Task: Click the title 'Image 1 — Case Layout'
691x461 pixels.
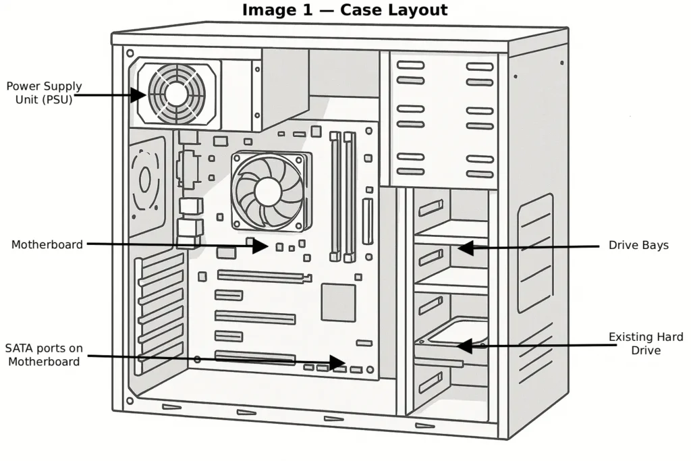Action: [x=344, y=10]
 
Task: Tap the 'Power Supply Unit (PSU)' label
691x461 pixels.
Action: [x=44, y=92]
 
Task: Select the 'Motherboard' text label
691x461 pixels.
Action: [x=47, y=244]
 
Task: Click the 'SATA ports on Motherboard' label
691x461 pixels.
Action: [x=44, y=355]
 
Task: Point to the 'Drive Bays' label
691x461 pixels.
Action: [x=638, y=245]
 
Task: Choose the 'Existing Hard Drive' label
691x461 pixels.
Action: [x=646, y=344]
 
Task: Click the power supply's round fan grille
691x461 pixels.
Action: [x=176, y=94]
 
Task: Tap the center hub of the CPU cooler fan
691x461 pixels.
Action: [x=268, y=192]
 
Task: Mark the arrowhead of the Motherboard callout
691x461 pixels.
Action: [x=261, y=246]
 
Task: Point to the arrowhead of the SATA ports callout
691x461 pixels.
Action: [x=338, y=361]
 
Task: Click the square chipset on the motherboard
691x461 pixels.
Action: [x=338, y=302]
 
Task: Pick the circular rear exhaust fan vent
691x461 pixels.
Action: [x=145, y=180]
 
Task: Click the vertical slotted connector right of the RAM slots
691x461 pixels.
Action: [x=368, y=221]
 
